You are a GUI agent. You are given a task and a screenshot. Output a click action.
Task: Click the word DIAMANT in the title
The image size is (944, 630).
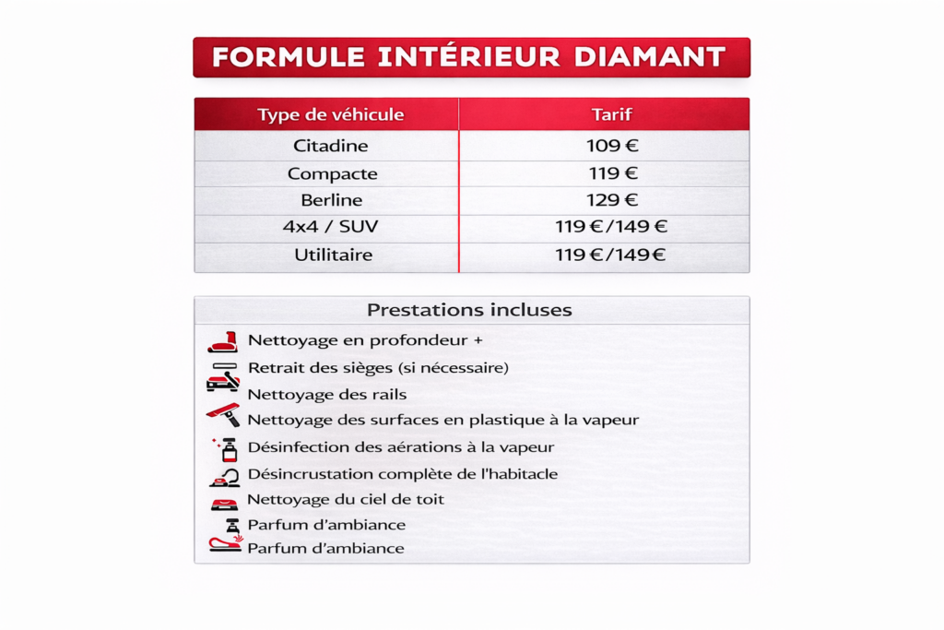click(650, 57)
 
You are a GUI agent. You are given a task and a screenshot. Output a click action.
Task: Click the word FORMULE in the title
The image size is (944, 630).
click(289, 57)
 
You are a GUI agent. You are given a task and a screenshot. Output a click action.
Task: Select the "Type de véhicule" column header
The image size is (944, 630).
click(331, 114)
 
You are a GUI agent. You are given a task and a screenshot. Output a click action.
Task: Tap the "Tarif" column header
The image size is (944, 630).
click(612, 114)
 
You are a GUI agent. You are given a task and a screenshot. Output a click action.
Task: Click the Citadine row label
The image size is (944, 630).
click(331, 146)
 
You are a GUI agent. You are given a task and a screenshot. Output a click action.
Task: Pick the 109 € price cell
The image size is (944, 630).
click(612, 146)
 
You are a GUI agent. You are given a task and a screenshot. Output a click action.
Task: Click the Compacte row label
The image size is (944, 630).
click(332, 173)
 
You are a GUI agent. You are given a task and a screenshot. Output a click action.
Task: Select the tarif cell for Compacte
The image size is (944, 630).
click(613, 173)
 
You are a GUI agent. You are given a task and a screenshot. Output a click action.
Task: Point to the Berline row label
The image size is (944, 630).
click(332, 200)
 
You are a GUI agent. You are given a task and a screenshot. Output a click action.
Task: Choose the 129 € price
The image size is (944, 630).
click(612, 200)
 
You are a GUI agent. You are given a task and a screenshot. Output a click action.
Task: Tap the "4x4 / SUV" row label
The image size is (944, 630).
click(331, 227)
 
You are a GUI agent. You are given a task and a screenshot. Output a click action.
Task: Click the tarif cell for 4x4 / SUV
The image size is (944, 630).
click(611, 227)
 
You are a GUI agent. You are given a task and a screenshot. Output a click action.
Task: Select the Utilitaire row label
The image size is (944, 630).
click(333, 255)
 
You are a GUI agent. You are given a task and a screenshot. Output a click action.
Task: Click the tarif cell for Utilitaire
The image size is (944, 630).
click(610, 255)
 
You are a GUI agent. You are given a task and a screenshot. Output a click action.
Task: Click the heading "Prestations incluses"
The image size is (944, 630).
click(469, 310)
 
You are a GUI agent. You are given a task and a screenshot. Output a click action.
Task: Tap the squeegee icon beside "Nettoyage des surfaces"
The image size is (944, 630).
click(223, 414)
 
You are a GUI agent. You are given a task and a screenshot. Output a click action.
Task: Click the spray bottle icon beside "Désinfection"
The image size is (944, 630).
click(227, 448)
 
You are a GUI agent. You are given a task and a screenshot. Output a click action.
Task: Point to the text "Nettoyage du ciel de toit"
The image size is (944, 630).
click(346, 499)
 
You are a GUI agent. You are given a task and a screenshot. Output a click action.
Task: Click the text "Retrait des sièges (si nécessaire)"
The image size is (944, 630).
click(378, 367)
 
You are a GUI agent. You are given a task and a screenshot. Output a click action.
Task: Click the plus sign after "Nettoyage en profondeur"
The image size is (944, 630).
click(478, 340)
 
